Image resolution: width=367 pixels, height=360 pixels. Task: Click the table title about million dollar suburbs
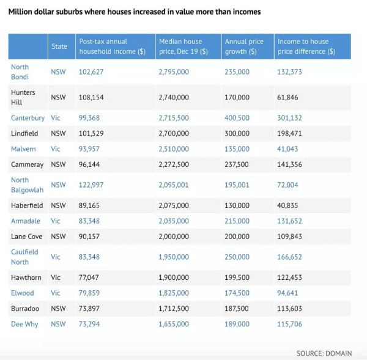pos(134,12)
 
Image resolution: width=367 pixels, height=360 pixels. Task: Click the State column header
pos(59,46)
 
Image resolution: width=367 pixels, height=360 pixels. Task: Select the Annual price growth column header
pos(244,46)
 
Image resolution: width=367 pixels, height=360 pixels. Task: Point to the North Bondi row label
pos(20,72)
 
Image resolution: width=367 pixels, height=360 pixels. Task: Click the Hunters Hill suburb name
pos(23,97)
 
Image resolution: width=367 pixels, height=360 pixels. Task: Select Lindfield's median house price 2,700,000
pos(174,133)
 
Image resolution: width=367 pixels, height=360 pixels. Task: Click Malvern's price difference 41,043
pos(290,149)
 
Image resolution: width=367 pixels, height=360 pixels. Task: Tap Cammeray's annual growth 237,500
pos(237,164)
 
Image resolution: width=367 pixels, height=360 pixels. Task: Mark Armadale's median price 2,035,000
pos(174,221)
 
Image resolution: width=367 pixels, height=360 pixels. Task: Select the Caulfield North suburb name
pos(24,257)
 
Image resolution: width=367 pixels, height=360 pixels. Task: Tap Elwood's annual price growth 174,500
pos(237,293)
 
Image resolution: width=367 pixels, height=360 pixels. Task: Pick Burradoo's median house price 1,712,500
pos(174,309)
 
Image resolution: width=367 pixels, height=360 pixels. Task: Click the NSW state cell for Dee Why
pos(58,324)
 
